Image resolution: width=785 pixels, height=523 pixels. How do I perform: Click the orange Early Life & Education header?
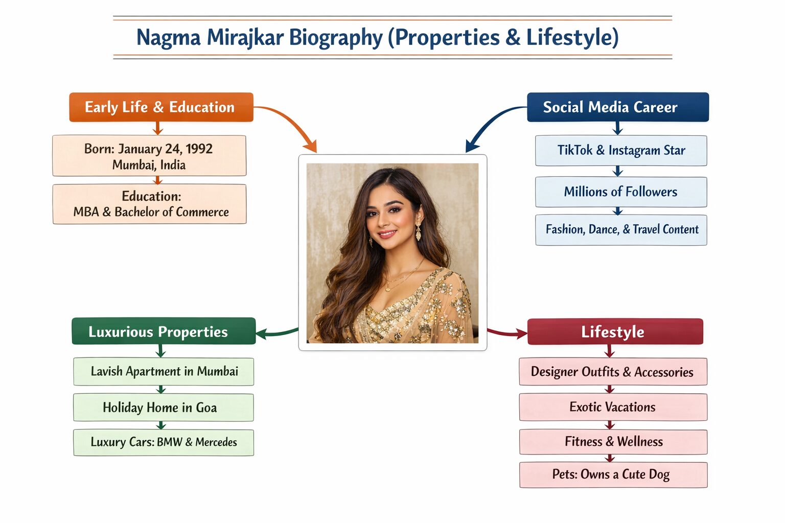tap(161, 107)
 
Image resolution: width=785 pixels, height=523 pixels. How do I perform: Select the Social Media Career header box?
tap(618, 107)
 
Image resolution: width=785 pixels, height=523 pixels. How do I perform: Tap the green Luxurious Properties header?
tap(164, 331)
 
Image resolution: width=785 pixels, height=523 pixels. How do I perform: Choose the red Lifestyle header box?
tap(615, 331)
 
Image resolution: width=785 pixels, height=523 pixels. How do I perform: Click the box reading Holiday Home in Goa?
tap(164, 408)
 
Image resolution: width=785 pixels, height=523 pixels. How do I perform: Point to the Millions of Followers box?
tap(621, 192)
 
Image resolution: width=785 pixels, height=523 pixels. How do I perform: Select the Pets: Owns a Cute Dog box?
tap(613, 474)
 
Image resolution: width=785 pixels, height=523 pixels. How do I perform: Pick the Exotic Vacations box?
tap(613, 407)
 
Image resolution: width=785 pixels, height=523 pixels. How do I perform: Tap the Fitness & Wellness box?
tap(613, 442)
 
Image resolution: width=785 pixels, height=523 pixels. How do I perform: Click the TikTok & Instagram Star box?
tap(621, 151)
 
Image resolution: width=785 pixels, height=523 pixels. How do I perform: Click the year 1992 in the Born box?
tap(199, 149)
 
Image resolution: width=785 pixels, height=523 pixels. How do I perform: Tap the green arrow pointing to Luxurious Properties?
tap(277, 333)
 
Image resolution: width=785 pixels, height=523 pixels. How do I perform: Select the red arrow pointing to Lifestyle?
tap(507, 333)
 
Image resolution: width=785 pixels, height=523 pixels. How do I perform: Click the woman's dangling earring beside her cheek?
tap(418, 231)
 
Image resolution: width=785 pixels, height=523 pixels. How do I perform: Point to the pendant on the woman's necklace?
tap(387, 290)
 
